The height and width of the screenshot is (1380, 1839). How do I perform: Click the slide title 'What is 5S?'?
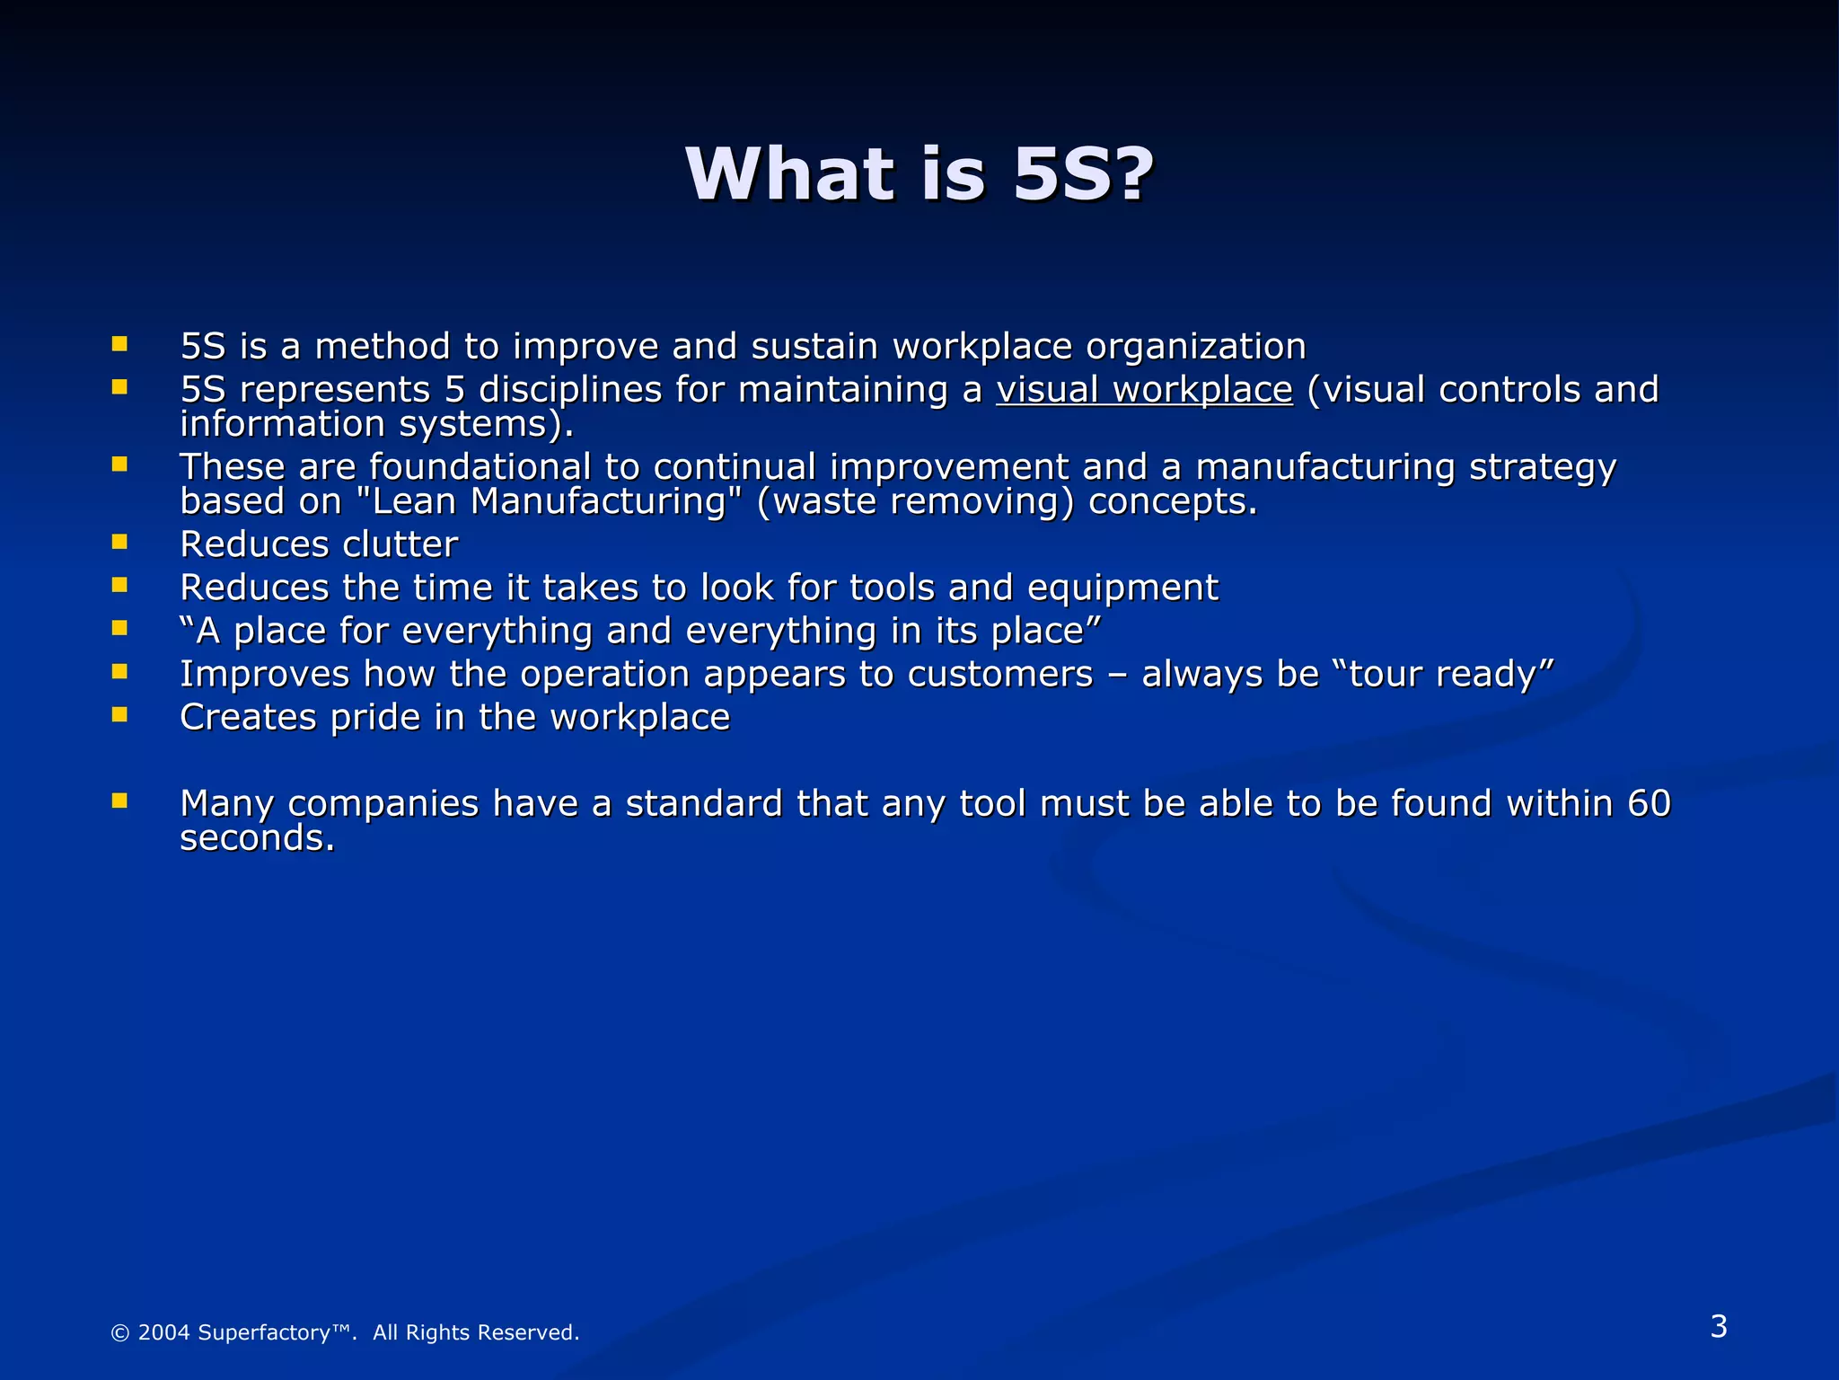(x=919, y=174)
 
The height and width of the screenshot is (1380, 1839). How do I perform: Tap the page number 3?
(x=1719, y=1326)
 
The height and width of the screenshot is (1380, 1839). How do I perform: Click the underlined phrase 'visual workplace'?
(x=1144, y=390)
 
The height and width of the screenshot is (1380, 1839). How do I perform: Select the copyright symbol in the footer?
(x=119, y=1333)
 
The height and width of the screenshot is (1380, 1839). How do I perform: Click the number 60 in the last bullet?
(x=1649, y=803)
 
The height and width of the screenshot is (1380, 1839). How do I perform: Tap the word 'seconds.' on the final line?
(x=258, y=838)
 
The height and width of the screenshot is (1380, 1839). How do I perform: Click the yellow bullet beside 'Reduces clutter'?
(x=119, y=541)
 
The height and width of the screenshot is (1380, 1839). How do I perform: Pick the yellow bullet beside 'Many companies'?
(x=119, y=800)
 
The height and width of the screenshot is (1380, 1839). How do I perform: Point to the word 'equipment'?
(x=1122, y=588)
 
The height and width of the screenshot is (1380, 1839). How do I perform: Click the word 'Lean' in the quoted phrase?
(x=414, y=501)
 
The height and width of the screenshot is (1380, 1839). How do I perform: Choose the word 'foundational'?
(x=480, y=467)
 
